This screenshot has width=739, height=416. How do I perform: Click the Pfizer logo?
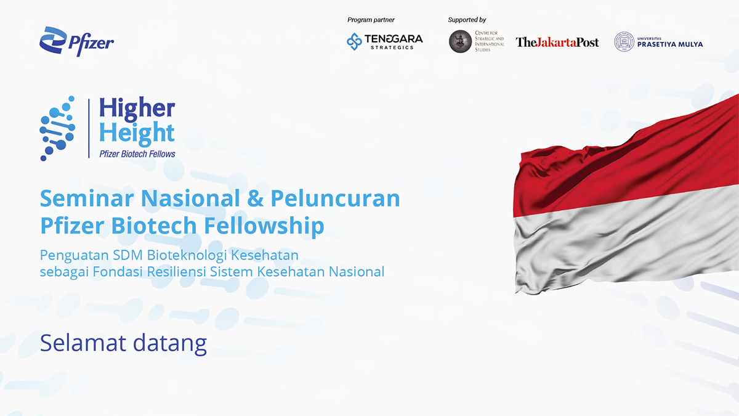pyautogui.click(x=76, y=42)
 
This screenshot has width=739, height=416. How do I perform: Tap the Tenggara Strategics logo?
pyautogui.click(x=385, y=42)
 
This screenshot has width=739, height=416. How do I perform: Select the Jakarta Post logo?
pyautogui.click(x=557, y=43)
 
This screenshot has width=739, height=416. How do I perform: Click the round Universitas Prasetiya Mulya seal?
pyautogui.click(x=624, y=42)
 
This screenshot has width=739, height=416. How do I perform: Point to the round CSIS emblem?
pyautogui.click(x=460, y=41)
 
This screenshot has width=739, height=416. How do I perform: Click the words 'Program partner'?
pyautogui.click(x=371, y=20)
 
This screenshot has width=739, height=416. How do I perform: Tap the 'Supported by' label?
pyautogui.click(x=467, y=20)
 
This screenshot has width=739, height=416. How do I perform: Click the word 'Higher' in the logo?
pyautogui.click(x=137, y=108)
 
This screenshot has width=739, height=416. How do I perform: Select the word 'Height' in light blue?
pyautogui.click(x=137, y=133)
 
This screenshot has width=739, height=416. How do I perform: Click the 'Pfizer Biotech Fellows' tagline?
pyautogui.click(x=137, y=154)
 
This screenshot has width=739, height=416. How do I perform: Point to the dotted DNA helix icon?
pyautogui.click(x=57, y=128)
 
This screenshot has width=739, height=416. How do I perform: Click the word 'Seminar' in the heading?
pyautogui.click(x=87, y=198)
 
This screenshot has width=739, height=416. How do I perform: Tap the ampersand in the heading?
pyautogui.click(x=255, y=198)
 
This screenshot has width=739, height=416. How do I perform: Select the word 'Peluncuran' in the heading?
pyautogui.click(x=335, y=198)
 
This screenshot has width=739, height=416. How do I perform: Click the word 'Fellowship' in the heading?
pyautogui.click(x=264, y=226)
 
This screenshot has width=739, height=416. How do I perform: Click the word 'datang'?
pyautogui.click(x=170, y=344)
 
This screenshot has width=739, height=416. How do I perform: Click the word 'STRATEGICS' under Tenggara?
pyautogui.click(x=392, y=47)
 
